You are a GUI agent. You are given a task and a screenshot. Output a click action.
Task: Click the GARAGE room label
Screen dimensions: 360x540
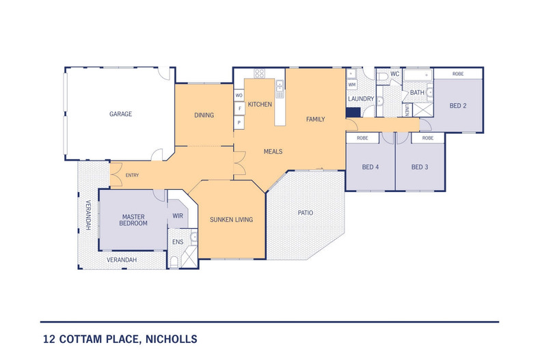pos(120,114)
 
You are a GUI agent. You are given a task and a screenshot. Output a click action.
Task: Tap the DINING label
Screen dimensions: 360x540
pos(204,115)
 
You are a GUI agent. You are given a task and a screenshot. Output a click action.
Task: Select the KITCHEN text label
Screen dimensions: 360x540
pos(260,105)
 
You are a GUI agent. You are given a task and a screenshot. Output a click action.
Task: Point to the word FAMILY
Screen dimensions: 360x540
pos(315,120)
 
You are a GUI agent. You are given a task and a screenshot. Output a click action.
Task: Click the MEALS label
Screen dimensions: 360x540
pos(273,152)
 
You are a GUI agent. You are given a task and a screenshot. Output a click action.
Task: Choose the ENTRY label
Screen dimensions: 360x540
pos(133,176)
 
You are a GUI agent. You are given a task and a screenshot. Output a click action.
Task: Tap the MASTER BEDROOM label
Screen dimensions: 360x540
pos(133,219)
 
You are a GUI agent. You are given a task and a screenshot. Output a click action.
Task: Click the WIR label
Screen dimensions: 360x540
pos(178,215)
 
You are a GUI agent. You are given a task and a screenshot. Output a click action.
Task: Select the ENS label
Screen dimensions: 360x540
pos(177,242)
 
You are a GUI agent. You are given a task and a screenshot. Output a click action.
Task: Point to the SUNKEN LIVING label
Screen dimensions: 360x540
pos(231,220)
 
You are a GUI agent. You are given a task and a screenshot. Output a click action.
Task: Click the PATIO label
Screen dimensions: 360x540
pos(305,213)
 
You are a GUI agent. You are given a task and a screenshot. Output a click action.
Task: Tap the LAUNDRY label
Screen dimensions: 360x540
pos(361,99)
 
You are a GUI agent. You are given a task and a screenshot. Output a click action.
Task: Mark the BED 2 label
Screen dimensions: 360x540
pos(458,106)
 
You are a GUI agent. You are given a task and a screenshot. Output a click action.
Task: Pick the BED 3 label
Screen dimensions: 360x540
pos(420,167)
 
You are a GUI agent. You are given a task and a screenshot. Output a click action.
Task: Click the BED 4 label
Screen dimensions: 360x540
pos(370,167)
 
